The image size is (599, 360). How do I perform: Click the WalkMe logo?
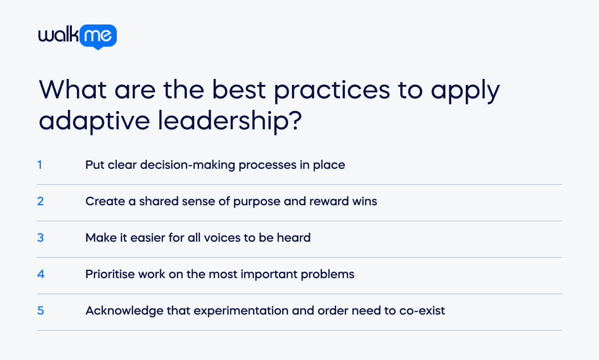(x=77, y=36)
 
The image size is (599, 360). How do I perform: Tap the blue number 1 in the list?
(x=39, y=165)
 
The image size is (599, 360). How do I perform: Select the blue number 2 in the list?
(x=40, y=201)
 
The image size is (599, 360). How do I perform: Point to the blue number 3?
(x=40, y=238)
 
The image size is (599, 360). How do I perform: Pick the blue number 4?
(x=40, y=274)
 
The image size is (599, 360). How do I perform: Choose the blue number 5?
(x=40, y=311)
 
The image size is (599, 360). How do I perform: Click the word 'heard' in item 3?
(x=295, y=238)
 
